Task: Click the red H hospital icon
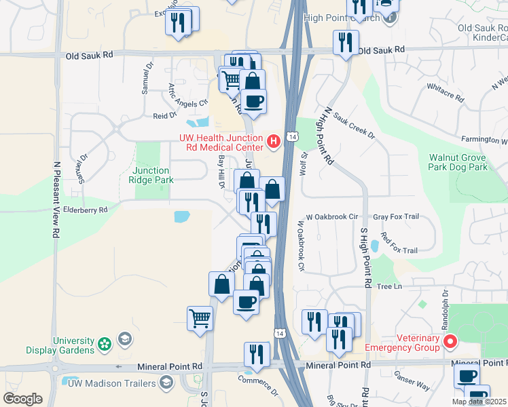(x=273, y=141)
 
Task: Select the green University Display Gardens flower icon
(x=105, y=345)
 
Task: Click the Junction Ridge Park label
(x=151, y=175)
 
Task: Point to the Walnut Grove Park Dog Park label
(x=458, y=161)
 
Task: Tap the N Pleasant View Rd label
(x=55, y=199)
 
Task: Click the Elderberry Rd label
(x=84, y=210)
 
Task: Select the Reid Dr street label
(x=164, y=116)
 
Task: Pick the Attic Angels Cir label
(x=187, y=95)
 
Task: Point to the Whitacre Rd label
(x=446, y=93)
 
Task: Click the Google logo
(x=22, y=399)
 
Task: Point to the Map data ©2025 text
(x=478, y=402)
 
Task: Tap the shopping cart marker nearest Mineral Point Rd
(x=200, y=317)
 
